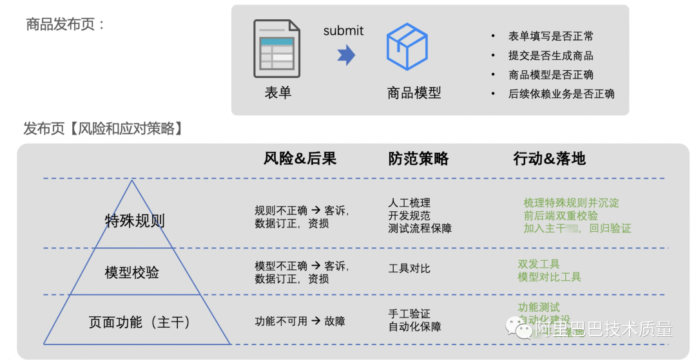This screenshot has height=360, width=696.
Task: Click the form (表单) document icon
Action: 276,48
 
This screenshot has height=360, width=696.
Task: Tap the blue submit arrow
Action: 346,55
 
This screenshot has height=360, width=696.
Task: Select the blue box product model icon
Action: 407,47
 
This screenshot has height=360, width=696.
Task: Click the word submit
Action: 343,30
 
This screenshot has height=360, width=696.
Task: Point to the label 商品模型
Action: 414,93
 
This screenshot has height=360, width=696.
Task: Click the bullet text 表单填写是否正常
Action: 551,36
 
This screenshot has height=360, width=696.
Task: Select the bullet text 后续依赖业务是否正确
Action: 561,93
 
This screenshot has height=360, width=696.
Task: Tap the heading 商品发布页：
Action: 65,24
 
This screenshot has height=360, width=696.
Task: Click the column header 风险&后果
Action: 300,158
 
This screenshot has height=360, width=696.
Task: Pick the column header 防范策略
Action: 418,158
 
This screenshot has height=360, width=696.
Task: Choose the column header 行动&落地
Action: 550,158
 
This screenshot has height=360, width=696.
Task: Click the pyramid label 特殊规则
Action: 135,221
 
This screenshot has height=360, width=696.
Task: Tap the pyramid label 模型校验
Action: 131,272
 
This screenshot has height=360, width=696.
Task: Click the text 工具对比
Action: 409,268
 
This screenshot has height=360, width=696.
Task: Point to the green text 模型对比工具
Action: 549,277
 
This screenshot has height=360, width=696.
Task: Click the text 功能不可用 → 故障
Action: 300,321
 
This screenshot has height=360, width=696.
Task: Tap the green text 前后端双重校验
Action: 561,216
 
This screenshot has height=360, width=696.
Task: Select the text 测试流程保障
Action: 420,229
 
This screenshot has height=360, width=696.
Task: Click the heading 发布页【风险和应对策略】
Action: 103,129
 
